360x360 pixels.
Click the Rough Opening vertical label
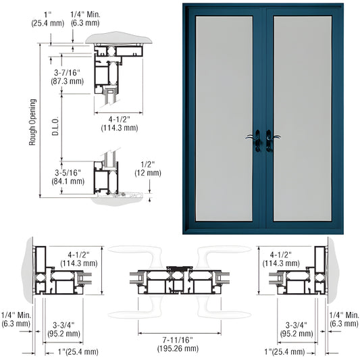32,122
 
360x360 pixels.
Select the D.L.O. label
55,126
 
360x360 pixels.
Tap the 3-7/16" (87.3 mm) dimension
67,77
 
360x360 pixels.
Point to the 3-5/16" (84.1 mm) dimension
68,177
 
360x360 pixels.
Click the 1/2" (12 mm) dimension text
148,169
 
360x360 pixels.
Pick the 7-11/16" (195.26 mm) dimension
178,344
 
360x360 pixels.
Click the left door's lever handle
255,140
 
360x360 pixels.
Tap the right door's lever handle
272,140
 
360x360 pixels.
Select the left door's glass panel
224,118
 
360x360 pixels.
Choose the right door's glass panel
303,118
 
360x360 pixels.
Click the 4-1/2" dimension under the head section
120,124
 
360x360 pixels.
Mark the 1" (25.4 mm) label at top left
48,19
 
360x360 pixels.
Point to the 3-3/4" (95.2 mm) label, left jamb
63,329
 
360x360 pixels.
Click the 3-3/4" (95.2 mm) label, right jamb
297,329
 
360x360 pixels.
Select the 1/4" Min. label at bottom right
344,319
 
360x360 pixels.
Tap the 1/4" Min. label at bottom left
16,319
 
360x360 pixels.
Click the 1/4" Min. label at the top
85,19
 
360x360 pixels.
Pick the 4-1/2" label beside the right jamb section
281,259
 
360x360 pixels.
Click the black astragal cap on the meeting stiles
179,268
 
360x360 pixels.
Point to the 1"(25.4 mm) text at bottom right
285,351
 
